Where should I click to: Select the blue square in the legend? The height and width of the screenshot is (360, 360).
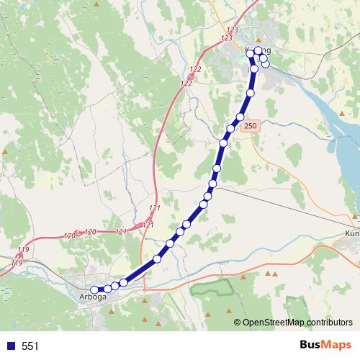[10, 346]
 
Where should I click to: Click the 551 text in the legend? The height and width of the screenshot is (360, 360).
[30, 346]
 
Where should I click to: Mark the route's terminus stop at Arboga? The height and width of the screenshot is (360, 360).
[94, 290]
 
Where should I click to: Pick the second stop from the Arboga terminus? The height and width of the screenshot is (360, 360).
[107, 289]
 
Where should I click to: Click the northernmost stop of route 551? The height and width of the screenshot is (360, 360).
[258, 50]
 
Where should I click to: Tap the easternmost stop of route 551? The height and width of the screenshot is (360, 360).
[266, 64]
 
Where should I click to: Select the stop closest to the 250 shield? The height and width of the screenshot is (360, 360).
[240, 117]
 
